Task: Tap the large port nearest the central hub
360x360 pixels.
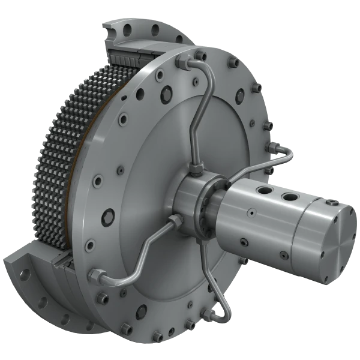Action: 265,191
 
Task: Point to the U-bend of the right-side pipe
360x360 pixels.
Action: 290,152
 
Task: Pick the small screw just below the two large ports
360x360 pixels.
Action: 251,212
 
